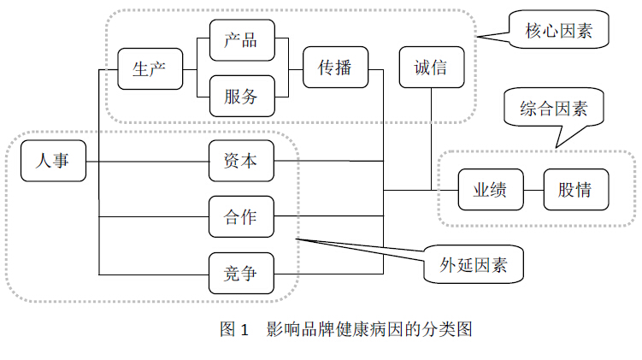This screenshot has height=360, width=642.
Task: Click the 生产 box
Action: click(150, 69)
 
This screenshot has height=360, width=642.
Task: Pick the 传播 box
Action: click(335, 68)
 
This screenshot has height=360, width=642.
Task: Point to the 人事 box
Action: click(54, 161)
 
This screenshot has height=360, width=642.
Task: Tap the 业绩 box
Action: click(490, 190)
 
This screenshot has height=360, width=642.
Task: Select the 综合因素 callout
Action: click(553, 109)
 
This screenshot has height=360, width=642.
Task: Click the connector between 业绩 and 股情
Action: click(533, 190)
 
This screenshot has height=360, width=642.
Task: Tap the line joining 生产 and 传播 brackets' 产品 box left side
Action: click(203, 41)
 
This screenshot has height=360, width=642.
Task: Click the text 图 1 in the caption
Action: click(233, 328)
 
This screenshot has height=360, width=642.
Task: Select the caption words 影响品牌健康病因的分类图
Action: click(369, 328)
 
